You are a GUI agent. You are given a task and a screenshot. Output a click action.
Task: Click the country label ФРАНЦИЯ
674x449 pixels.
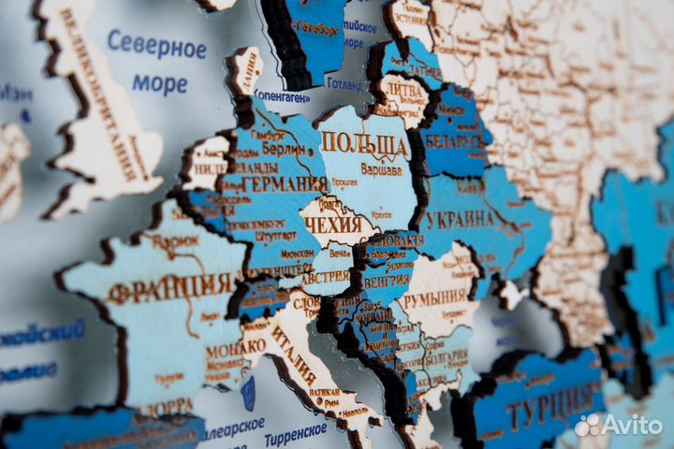pos(169,287)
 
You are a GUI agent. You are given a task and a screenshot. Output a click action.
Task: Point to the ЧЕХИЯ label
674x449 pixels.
pos(332,224)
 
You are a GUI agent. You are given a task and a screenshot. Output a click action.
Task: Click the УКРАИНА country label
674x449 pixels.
pos(456,220)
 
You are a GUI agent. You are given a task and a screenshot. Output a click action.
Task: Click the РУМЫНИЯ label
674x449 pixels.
pos(433,297)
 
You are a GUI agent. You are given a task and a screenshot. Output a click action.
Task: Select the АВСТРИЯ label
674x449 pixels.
pos(325,277)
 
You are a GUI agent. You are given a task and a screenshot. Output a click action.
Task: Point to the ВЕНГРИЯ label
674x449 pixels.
pos(386,280)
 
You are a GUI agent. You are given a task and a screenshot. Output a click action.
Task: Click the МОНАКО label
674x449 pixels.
pos(235,346)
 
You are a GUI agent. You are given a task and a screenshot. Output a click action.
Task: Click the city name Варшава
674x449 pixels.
pos(380,170)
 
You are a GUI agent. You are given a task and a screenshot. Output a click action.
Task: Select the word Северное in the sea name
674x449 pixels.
pos(156,44)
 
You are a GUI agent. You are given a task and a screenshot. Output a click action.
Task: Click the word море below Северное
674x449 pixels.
pos(159,84)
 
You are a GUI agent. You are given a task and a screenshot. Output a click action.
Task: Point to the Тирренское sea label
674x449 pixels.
pos(295,433)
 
